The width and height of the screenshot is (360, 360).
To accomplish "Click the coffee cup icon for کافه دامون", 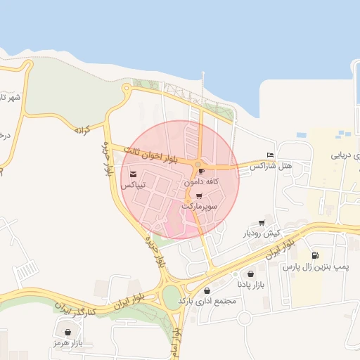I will point(202,171).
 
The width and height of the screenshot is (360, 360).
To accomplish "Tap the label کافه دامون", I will point(202,181).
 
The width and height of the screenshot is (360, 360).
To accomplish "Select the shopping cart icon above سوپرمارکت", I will point(199,196).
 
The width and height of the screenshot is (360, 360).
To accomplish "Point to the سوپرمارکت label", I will point(200,207).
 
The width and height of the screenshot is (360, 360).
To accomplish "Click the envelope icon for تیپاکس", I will point(134,174).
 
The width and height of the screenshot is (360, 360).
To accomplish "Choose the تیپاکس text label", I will point(134,185).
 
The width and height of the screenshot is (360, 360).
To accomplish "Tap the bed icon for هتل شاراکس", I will point(271,155).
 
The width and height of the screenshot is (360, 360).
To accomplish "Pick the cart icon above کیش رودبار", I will point(262,222).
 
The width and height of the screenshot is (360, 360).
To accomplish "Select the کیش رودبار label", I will point(262,233).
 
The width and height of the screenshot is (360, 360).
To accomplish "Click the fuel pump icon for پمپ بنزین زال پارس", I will point(314,256).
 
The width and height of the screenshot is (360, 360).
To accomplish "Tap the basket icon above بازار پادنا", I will point(251,274).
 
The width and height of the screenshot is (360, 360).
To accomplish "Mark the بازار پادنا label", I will point(251,285).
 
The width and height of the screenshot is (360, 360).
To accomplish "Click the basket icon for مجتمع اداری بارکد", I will point(207,290).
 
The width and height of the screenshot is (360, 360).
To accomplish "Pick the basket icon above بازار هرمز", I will point(67,333).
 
